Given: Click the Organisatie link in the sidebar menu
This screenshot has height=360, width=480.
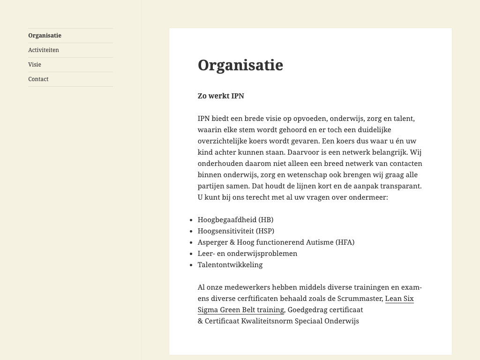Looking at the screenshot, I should pos(45,36).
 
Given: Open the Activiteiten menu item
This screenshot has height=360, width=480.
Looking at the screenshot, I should pos(44,50).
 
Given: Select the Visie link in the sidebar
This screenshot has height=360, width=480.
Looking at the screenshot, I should pos(35,65).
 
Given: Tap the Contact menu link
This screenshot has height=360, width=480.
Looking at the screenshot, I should pos(38,79).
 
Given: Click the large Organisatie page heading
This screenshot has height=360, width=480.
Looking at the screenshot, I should pos(240,65).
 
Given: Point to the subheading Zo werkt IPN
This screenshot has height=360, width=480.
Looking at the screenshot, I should pos(221,96).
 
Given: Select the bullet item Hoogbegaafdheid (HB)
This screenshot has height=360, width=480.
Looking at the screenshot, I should pos(235,220).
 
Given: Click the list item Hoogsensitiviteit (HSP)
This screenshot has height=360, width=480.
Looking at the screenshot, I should pos(236,231).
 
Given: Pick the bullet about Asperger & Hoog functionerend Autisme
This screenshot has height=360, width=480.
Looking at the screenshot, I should pos(276,242).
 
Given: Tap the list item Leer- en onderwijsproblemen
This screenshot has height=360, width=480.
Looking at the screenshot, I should pos(247,254).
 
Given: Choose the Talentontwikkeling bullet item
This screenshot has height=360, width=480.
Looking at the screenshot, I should pos(230,265).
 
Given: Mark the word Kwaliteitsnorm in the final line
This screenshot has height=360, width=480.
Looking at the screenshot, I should pos(266,321).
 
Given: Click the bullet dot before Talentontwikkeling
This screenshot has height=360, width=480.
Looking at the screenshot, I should pos(191,265).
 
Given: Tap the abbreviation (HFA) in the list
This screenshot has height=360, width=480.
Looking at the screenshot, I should pos(345,242).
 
